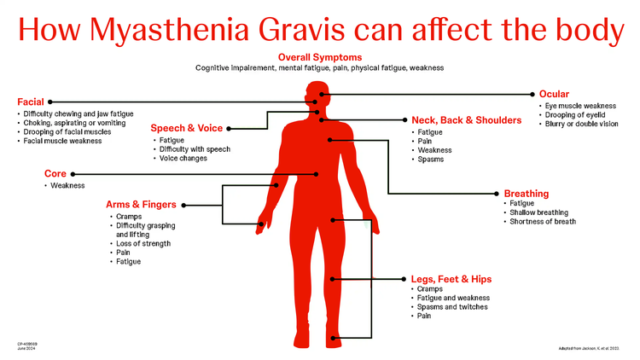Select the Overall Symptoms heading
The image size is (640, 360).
click(319, 56)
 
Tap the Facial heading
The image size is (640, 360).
click(31, 102)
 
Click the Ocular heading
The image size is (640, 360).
click(554, 94)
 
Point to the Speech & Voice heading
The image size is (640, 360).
click(187, 128)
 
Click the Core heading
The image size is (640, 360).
click(55, 173)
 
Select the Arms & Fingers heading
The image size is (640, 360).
click(141, 205)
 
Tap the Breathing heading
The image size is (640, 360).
click(527, 194)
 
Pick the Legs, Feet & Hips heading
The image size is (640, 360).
click(451, 279)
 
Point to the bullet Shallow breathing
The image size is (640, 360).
click(544, 212)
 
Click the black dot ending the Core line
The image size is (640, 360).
click(317, 173)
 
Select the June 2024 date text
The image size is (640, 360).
click(26, 349)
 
